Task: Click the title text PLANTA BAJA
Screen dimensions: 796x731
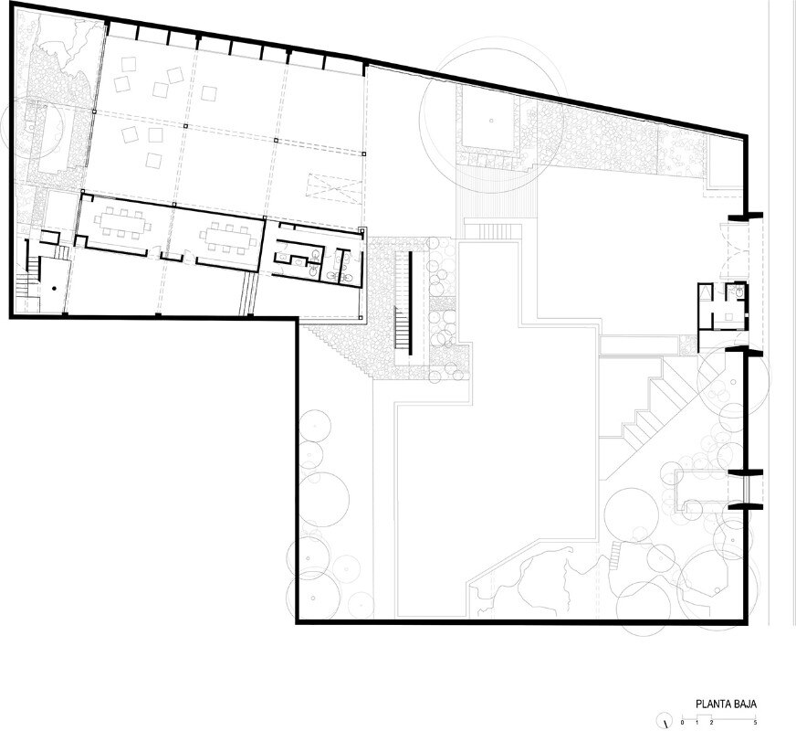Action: click(726, 705)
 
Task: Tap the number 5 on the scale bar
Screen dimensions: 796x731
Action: click(756, 722)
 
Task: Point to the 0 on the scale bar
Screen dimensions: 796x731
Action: click(682, 722)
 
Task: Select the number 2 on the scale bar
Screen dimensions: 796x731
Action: click(711, 722)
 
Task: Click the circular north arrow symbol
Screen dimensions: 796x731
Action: click(664, 721)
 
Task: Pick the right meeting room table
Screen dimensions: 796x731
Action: click(227, 238)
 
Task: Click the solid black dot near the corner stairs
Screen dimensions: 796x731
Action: click(54, 288)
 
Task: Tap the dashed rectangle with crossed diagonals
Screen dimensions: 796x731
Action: click(335, 188)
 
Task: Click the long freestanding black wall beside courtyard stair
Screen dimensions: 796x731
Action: click(410, 302)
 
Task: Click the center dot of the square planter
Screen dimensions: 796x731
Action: click(491, 121)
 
